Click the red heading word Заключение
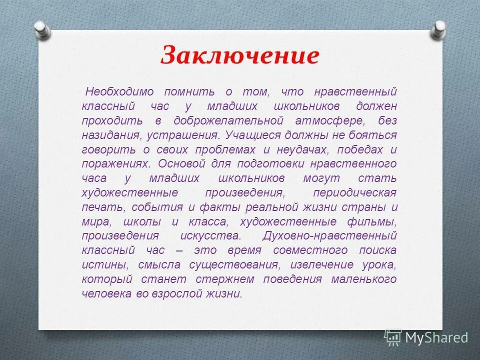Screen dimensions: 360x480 [239, 55]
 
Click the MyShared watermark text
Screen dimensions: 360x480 [436, 337]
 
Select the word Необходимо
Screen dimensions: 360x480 [115, 92]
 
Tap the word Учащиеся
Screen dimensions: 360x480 [252, 135]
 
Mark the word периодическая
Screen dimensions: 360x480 [354, 193]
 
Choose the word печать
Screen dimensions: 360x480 [99, 207]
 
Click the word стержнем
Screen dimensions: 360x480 [225, 279]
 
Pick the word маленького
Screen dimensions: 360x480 [363, 279]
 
